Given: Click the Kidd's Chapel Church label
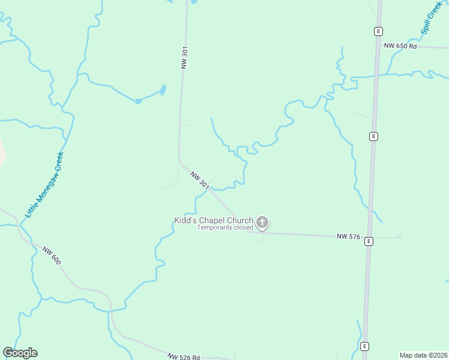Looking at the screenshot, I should [213, 220].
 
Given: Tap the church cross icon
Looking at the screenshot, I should [262, 223].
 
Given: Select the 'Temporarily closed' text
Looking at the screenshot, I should [226, 228].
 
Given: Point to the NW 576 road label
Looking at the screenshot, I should [348, 237].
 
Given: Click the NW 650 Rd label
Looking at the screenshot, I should [400, 46].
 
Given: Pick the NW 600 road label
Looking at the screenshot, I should [52, 256].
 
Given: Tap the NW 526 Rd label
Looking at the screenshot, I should [184, 357].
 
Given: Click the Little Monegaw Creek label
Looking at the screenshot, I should [44, 184].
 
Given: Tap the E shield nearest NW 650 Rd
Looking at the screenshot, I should [378, 31].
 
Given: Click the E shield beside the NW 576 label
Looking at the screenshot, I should [369, 241].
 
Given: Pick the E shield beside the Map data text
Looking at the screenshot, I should [364, 347].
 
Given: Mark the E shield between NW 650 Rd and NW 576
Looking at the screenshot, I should [373, 136].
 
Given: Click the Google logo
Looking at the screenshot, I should [20, 353].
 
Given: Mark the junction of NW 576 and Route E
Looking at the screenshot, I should [368, 236].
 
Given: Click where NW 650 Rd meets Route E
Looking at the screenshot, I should [378, 46].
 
